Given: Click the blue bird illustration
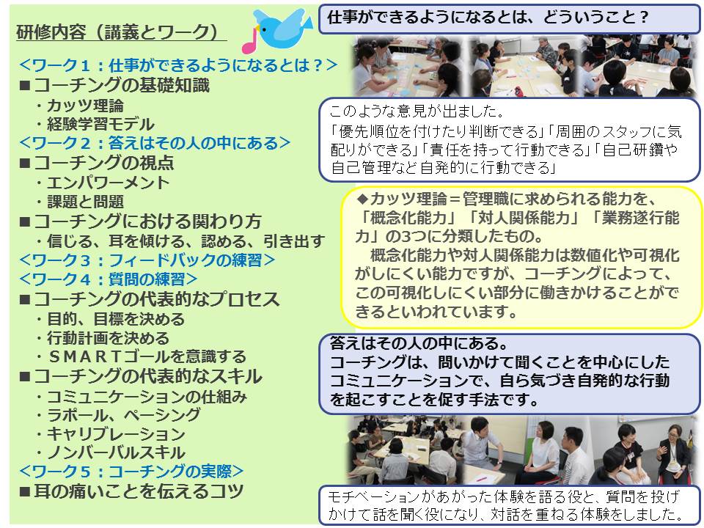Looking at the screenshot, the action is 282,28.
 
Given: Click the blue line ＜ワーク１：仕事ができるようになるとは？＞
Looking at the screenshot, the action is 178,65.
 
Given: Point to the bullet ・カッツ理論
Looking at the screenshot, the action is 79,106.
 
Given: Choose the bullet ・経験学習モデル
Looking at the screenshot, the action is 95,125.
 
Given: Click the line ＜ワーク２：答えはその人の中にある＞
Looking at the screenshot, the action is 155,143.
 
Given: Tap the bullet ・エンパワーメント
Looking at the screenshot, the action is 103,183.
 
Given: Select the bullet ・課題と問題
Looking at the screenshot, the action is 79,202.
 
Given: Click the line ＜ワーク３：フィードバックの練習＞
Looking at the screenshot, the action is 147,260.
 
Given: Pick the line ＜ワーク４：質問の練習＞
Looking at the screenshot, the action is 109,279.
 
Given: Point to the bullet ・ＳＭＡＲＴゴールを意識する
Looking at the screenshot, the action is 141,356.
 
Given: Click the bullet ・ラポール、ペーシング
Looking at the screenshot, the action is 118,415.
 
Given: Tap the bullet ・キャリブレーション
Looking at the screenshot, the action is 110,434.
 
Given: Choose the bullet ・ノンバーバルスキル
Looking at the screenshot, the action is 110,452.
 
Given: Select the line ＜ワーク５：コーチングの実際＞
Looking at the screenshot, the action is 131,472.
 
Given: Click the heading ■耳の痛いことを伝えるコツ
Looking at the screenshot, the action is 131,491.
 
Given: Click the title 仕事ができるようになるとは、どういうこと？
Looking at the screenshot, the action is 488,18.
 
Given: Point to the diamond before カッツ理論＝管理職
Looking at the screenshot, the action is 362,199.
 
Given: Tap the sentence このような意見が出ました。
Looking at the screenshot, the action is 417,111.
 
